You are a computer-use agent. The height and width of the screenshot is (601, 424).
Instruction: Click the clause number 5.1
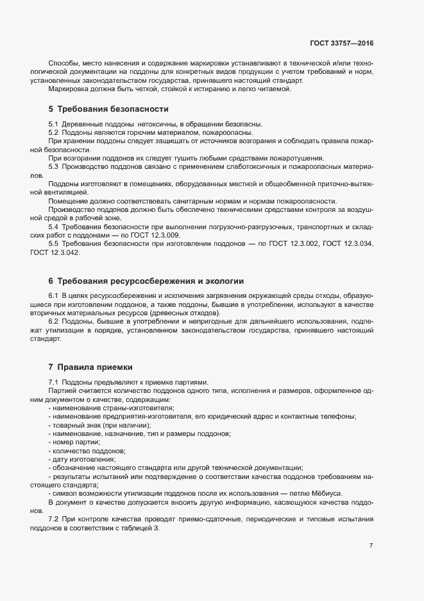pyautogui.click(x=53, y=123)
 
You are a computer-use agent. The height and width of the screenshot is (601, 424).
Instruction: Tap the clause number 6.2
pyautogui.click(x=53, y=320)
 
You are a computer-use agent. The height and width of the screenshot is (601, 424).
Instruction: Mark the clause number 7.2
pyautogui.click(x=53, y=518)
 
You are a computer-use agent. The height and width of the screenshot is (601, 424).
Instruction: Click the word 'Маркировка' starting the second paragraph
pyautogui.click(x=68, y=89)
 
